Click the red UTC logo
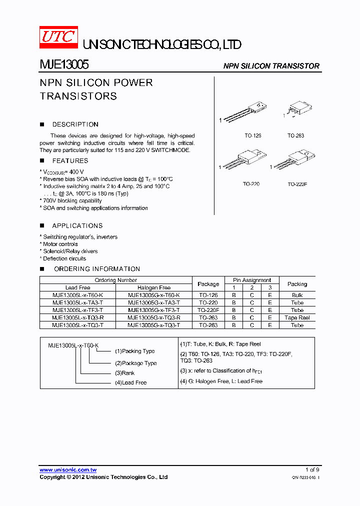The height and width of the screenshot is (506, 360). click(59, 38)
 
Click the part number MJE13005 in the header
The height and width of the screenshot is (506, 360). click(64, 65)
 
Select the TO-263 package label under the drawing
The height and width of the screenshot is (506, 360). click(295, 135)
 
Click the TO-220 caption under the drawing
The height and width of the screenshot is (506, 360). click(251, 184)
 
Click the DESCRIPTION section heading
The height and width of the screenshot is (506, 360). click(75, 124)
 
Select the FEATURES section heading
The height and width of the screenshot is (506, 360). click(70, 161)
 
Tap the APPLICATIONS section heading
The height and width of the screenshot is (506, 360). click(77, 226)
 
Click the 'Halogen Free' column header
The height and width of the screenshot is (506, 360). click(153, 287)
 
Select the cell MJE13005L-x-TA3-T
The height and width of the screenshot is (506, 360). click(77, 302)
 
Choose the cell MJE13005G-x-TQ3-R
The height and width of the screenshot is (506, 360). click(153, 317)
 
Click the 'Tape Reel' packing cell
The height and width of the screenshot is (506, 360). click(297, 317)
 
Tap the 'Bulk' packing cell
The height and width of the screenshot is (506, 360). click(297, 295)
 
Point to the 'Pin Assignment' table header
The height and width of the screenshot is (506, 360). click(252, 280)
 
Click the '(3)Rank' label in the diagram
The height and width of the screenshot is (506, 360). click(124, 373)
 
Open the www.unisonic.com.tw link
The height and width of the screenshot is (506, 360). click(68, 470)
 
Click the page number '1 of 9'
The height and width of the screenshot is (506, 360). click(312, 469)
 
